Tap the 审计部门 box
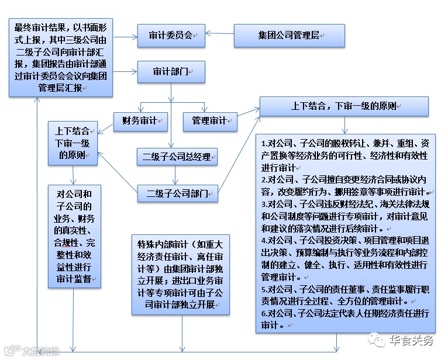[x=171, y=72]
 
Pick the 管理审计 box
[x=210, y=121]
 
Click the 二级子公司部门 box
[x=177, y=193]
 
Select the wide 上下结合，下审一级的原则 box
[x=344, y=106]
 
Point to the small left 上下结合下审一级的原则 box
[x=73, y=143]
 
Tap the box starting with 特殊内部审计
[x=180, y=273]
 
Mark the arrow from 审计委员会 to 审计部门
[x=171, y=54]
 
